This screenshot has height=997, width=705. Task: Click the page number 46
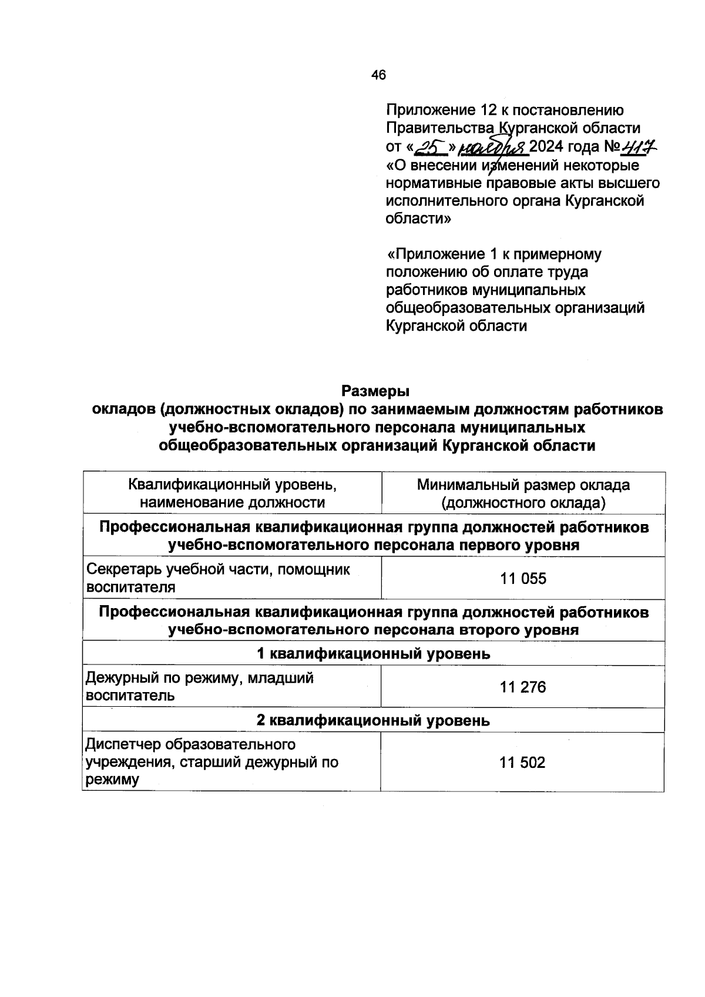(378, 75)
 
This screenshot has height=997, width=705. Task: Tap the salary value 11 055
(523, 578)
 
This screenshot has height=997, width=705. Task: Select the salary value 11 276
(523, 687)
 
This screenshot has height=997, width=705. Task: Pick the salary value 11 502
(523, 763)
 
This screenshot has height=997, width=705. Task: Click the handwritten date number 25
(432, 146)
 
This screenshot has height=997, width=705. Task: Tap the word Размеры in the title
(375, 391)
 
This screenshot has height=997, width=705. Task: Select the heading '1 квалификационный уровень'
(374, 653)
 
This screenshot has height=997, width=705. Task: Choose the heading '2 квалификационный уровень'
(374, 720)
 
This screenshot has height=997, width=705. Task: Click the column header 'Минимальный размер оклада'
(523, 485)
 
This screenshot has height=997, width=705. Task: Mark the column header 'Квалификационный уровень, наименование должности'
(232, 494)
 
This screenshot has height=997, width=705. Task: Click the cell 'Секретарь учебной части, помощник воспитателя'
(219, 578)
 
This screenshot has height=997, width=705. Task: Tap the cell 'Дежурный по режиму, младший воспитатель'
(200, 687)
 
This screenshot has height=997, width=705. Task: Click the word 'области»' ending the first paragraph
(418, 219)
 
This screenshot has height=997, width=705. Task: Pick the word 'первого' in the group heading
(481, 545)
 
